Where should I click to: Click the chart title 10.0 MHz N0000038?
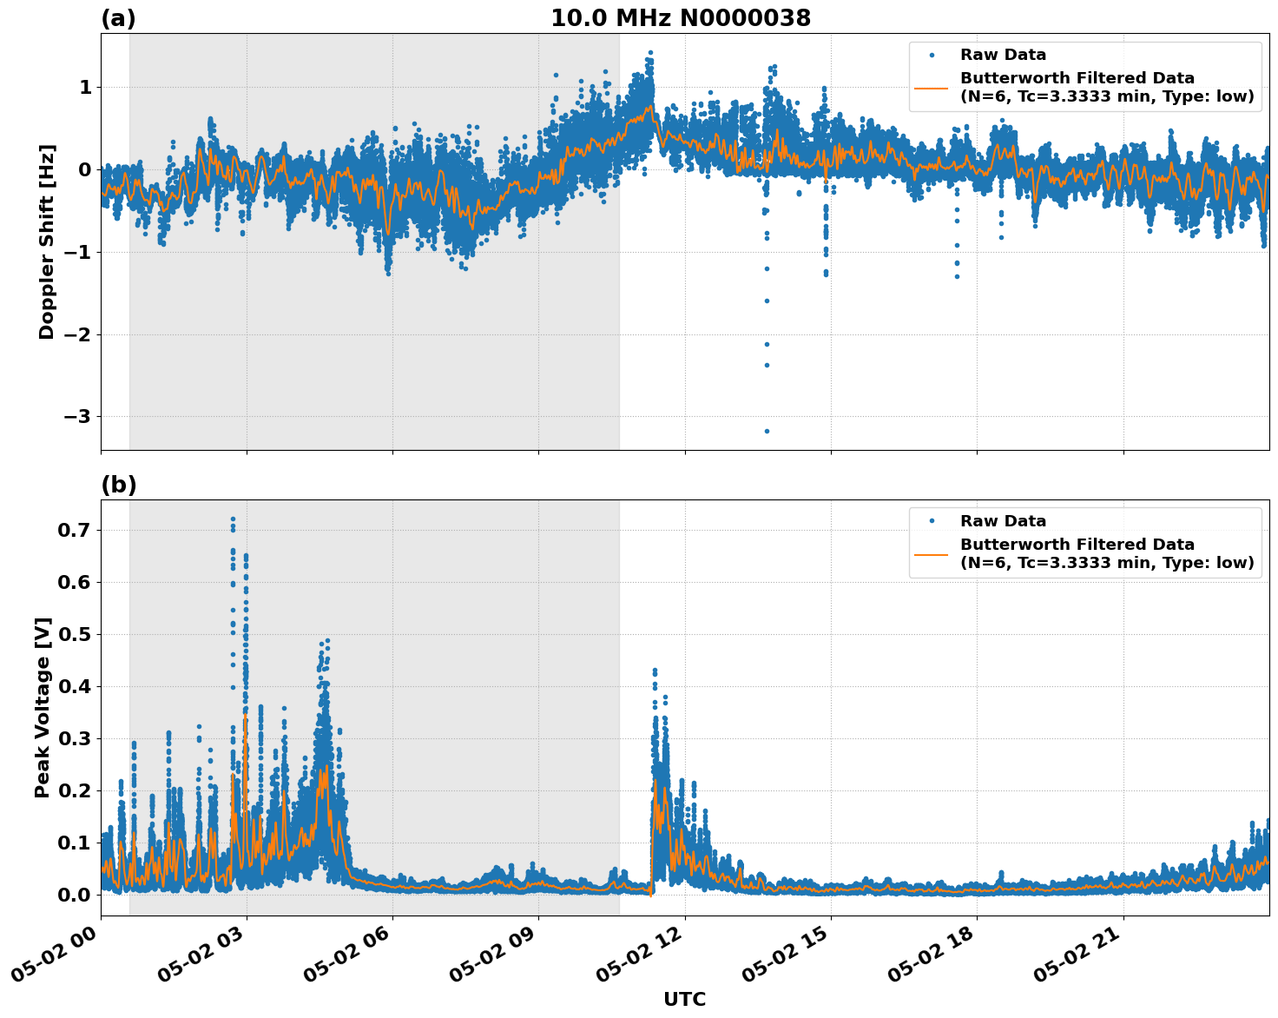coord(681,18)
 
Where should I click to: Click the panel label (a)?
coord(118,18)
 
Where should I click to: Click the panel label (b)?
coord(119,485)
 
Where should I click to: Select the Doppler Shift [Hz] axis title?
coord(47,241)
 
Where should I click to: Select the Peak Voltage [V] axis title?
coord(43,708)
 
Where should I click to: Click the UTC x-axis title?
coord(684,999)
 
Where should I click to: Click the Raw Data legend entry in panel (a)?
coord(1003,55)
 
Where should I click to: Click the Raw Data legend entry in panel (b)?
coord(1003,521)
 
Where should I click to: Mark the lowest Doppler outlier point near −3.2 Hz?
coord(767,431)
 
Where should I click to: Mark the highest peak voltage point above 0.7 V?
coord(233,519)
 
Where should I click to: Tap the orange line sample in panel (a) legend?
coord(931,87)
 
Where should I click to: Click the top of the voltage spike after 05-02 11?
coord(655,671)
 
